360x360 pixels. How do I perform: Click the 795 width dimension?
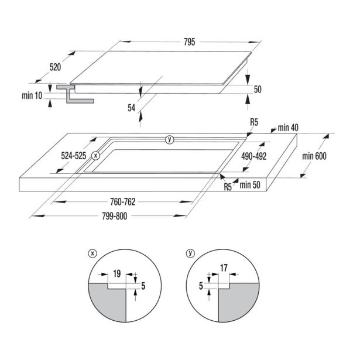coord(190,42)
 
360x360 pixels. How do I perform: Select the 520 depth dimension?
coord(56,67)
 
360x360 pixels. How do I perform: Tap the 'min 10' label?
coord(32,95)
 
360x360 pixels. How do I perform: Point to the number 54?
coord(132,108)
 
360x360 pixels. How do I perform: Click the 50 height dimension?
coord(258,90)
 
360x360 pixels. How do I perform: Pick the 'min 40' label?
coord(288,128)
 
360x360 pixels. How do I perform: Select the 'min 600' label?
coord(314,156)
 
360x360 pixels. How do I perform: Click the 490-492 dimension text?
coord(253,156)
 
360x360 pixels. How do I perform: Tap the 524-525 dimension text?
coord(74,156)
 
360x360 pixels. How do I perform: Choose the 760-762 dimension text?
coord(122,202)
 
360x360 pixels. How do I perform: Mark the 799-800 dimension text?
coord(115,216)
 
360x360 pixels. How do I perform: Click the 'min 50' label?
coord(250,185)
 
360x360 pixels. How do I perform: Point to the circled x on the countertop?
coord(95,156)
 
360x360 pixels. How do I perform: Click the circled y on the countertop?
coord(169,139)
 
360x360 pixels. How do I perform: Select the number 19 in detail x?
coord(117,273)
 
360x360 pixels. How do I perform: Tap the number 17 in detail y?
coord(224,268)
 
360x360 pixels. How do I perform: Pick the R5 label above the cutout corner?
coord(254,122)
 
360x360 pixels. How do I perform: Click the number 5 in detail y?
coord(201,286)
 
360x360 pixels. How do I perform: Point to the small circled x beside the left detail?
coord(92,253)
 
